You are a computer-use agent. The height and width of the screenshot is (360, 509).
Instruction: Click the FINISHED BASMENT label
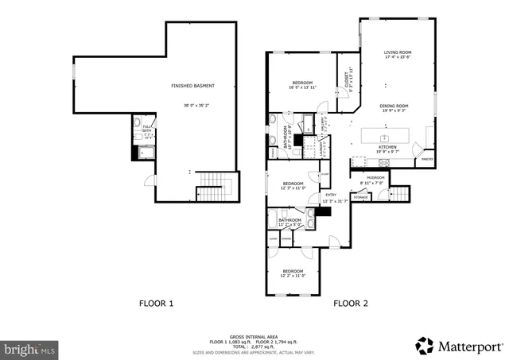pyautogui.click(x=192, y=86)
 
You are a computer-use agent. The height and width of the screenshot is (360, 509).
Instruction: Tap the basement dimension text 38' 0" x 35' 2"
pyautogui.click(x=192, y=106)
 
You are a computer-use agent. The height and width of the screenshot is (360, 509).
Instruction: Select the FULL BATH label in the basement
pyautogui.click(x=147, y=128)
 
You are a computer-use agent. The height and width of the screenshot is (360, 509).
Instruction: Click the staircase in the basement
pyautogui.click(x=212, y=190)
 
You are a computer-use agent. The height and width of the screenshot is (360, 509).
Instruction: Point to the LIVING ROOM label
pyautogui.click(x=398, y=53)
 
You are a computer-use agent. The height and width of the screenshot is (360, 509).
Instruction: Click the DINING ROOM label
pyautogui.click(x=393, y=106)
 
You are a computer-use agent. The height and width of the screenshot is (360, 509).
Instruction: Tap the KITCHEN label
pyautogui.click(x=387, y=147)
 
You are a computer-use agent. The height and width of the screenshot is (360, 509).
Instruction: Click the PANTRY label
pyautogui.click(x=427, y=159)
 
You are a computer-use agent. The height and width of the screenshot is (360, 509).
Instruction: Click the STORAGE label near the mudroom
pyautogui.click(x=361, y=196)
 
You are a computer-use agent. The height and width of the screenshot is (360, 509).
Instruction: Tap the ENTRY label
pyautogui.click(x=331, y=195)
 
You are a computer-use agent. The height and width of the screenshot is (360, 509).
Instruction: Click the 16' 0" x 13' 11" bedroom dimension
pyautogui.click(x=302, y=87)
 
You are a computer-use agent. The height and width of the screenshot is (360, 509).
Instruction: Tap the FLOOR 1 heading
pyautogui.click(x=156, y=303)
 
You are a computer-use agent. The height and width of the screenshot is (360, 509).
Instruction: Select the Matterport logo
pyautogui.click(x=459, y=346)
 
